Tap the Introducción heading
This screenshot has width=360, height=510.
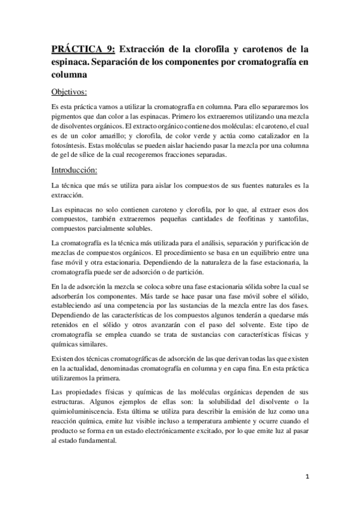(x=75, y=171)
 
